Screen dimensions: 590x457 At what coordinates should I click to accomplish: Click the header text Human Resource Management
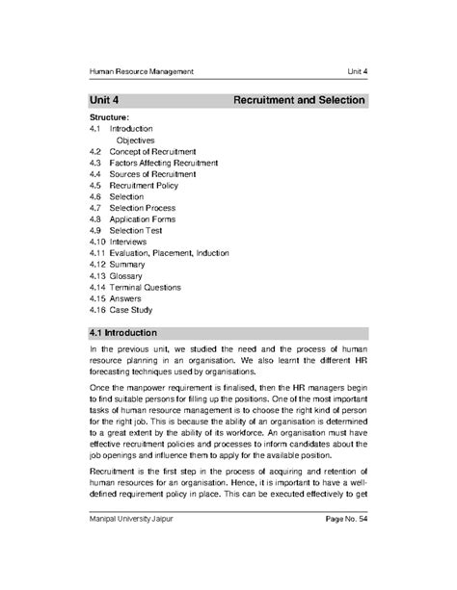[x=142, y=72]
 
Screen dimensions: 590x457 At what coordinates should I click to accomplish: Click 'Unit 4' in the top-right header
[x=359, y=72]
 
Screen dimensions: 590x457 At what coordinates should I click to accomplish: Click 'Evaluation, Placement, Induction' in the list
[x=170, y=253]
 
